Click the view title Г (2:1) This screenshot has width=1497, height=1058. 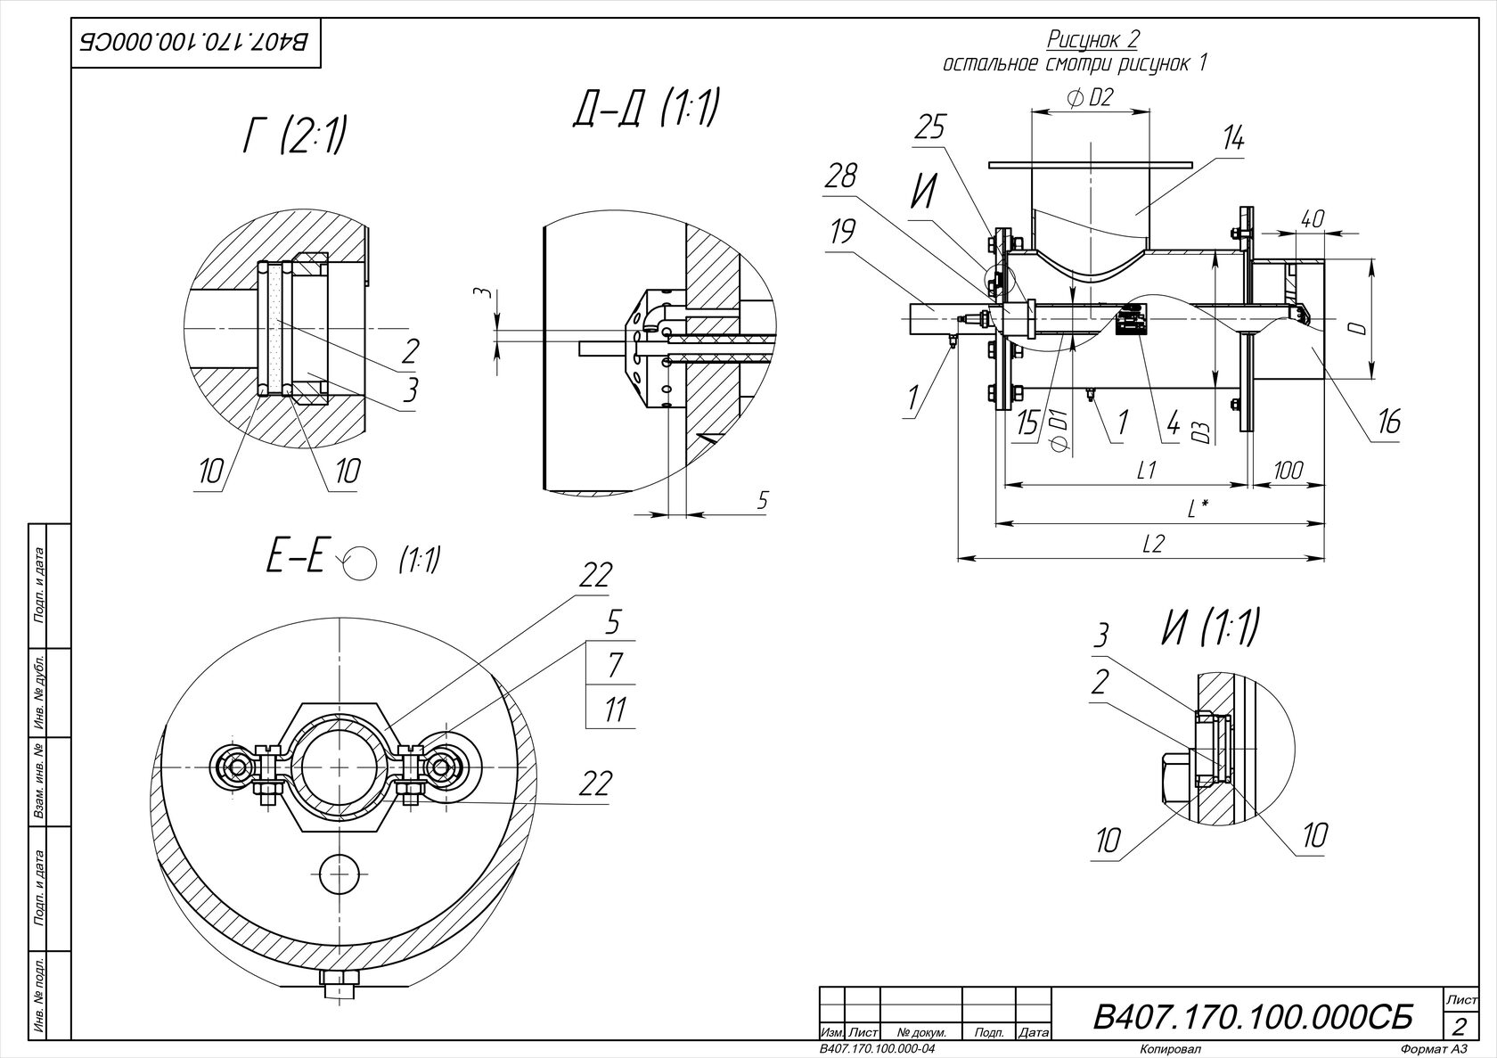tap(296, 137)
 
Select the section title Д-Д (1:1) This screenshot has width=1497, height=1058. tap(646, 108)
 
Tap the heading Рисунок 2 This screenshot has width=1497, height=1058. tap(1092, 39)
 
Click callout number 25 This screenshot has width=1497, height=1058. tap(931, 127)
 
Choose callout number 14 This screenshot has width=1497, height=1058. tap(1233, 140)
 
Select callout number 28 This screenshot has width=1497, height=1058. tap(841, 176)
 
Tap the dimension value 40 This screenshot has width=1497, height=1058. tap(1313, 218)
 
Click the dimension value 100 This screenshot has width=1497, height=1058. tap(1287, 471)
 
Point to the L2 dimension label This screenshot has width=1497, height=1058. tap(1152, 544)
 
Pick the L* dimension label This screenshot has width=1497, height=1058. tap(1197, 509)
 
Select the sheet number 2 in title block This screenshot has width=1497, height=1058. tap(1460, 1025)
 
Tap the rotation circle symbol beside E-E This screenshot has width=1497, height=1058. tap(360, 562)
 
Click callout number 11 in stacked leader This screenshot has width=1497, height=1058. tap(614, 709)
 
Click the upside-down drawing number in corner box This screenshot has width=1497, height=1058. tap(194, 43)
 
